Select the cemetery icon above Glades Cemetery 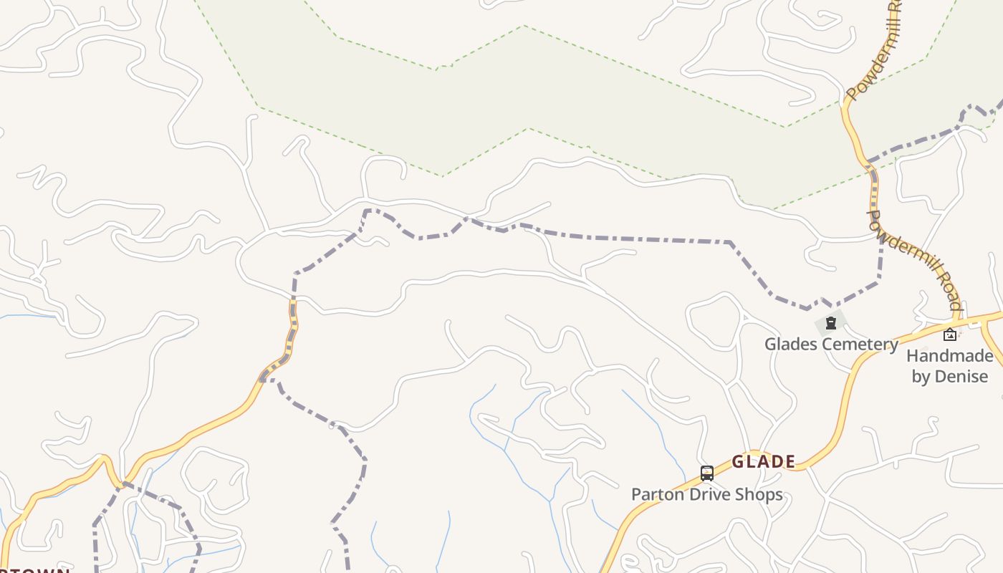point(830,323)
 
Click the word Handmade point(950,356)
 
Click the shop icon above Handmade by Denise point(950,334)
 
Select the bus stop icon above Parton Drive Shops point(707,473)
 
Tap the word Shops point(760,494)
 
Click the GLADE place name point(764,462)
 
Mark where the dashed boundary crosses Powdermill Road point(870,162)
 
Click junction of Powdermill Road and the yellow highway point(959,320)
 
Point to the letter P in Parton point(636,494)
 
